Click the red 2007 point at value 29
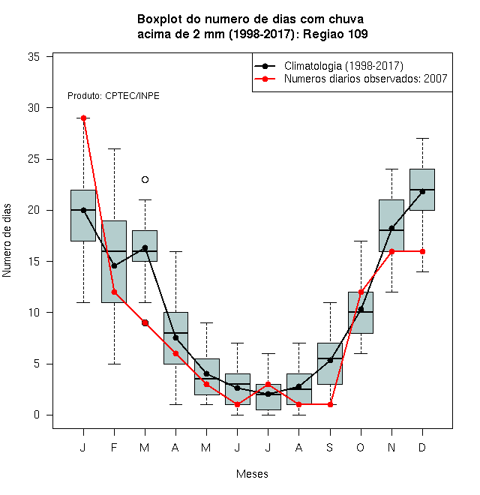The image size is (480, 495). pos(84,118)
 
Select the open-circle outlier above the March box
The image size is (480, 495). pos(145,180)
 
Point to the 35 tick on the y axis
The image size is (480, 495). pos(49,57)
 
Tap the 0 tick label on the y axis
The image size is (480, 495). pos(37,415)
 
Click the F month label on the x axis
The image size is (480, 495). pos(114,447)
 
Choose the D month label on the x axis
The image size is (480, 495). pos(422,447)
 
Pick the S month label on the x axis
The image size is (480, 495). pos(330,447)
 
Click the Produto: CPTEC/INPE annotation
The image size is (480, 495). pos(113,96)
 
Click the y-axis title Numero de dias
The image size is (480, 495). pos(7,241)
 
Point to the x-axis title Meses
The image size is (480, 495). pos(252,474)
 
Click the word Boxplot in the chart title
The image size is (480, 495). pos(160,19)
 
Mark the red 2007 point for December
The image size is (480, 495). pos(422,251)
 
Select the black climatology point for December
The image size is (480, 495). pos(422,191)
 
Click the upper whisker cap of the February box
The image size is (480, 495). pos(114,148)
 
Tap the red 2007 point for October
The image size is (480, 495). pos(361,292)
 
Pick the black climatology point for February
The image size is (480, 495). pos(114,266)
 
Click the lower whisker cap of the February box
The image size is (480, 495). pos(114,364)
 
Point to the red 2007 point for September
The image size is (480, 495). pos(330,404)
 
